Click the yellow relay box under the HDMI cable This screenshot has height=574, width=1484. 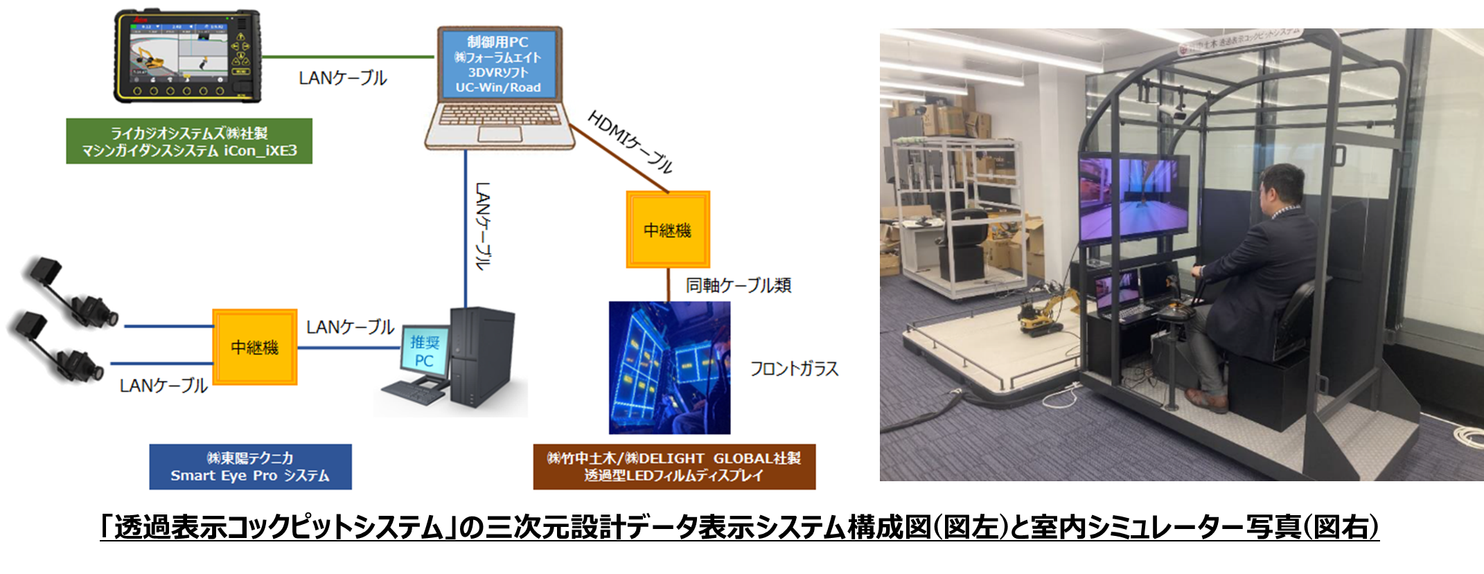pyautogui.click(x=668, y=230)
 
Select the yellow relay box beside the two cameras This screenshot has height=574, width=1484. pyautogui.click(x=255, y=347)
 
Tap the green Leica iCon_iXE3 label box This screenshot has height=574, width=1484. pyautogui.click(x=189, y=141)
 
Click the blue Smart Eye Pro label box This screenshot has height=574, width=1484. pyautogui.click(x=250, y=467)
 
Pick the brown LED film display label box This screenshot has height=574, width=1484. pyautogui.click(x=674, y=467)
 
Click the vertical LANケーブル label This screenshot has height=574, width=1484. pyautogui.click(x=483, y=226)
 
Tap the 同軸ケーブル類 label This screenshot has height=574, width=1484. pyautogui.click(x=739, y=285)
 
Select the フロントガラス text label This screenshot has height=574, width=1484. pyautogui.click(x=794, y=368)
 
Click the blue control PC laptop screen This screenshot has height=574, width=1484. pyautogui.click(x=499, y=64)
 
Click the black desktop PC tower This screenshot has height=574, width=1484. pyautogui.click(x=482, y=356)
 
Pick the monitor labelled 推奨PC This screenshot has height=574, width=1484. pyautogui.click(x=424, y=352)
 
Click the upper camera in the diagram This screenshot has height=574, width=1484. pyautogui.click(x=69, y=294)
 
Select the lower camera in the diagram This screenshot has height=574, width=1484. pyautogui.click(x=59, y=350)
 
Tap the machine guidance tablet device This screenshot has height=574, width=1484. pyautogui.click(x=187, y=56)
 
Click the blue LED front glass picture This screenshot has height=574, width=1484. pyautogui.click(x=669, y=368)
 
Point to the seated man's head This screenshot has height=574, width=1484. pyautogui.click(x=1281, y=188)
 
